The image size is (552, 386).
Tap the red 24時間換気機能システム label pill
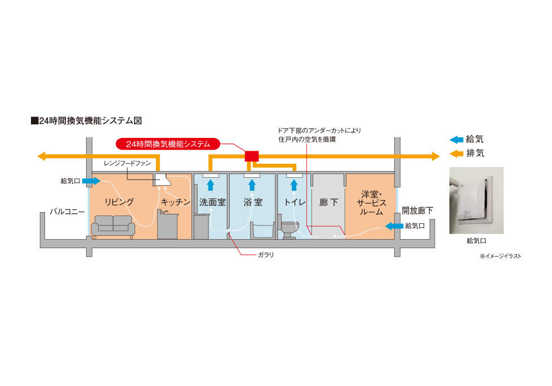[167, 144]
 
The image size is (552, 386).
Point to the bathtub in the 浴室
[260, 230]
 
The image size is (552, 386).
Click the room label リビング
[119, 202]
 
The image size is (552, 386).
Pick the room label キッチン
[176, 202]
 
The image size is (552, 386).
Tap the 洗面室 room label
[212, 202]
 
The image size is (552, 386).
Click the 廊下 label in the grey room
[328, 202]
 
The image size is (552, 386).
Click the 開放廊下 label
[417, 211]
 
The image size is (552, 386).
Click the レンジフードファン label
[127, 163]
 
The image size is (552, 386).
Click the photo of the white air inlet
[476, 200]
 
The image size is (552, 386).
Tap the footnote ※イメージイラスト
[501, 256]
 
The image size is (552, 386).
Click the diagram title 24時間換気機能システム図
[90, 120]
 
